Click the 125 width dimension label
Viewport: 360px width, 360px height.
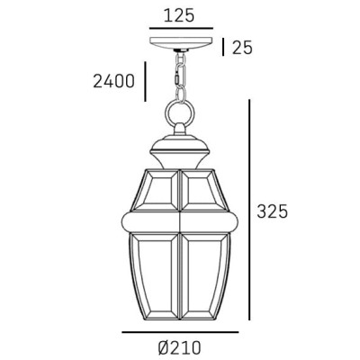[x=181, y=14]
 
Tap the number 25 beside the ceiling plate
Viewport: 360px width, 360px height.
[x=242, y=47]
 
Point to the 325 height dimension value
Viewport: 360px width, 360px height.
[x=271, y=212]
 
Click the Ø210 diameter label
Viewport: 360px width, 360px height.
[x=181, y=346]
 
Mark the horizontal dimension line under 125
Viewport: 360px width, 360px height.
[x=181, y=30]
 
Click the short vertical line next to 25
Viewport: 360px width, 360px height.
[x=222, y=47]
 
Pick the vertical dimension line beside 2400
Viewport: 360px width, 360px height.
[x=142, y=82]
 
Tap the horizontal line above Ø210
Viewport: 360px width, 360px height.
[x=180, y=332]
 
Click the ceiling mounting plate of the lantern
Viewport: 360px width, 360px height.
[x=181, y=43]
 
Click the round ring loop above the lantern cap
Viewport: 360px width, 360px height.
[x=181, y=115]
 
